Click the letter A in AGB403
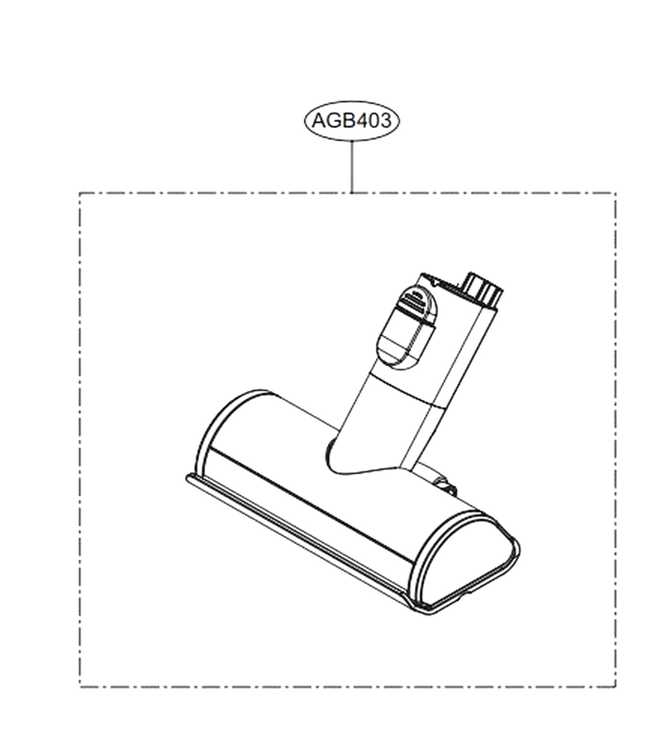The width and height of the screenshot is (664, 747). click(x=318, y=120)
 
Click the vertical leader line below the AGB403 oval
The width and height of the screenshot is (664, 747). click(x=351, y=167)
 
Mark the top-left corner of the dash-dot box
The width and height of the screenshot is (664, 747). click(x=80, y=193)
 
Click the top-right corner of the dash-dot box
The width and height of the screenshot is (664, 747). click(x=615, y=193)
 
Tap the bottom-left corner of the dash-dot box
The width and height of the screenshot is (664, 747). click(x=80, y=686)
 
